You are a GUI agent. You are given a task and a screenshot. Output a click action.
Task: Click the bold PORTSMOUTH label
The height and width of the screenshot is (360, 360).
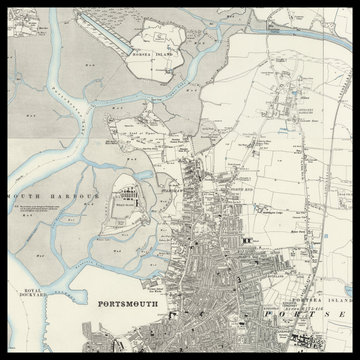[x=134, y=303]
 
